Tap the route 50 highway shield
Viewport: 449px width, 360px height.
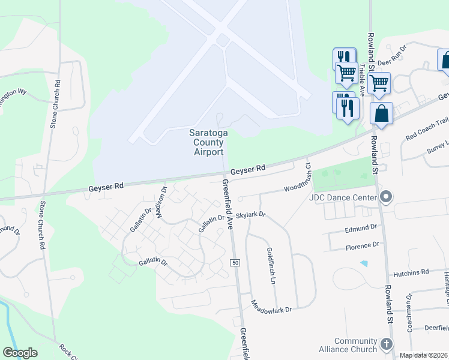click(235, 263)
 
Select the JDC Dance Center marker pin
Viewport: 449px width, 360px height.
click(386, 197)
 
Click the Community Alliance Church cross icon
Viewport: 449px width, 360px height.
click(386, 344)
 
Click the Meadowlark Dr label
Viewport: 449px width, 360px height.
click(271, 310)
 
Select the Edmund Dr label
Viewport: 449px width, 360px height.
click(360, 227)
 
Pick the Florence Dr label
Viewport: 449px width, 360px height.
click(362, 245)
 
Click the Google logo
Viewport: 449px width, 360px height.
click(20, 353)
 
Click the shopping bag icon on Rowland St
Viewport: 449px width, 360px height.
click(381, 113)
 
